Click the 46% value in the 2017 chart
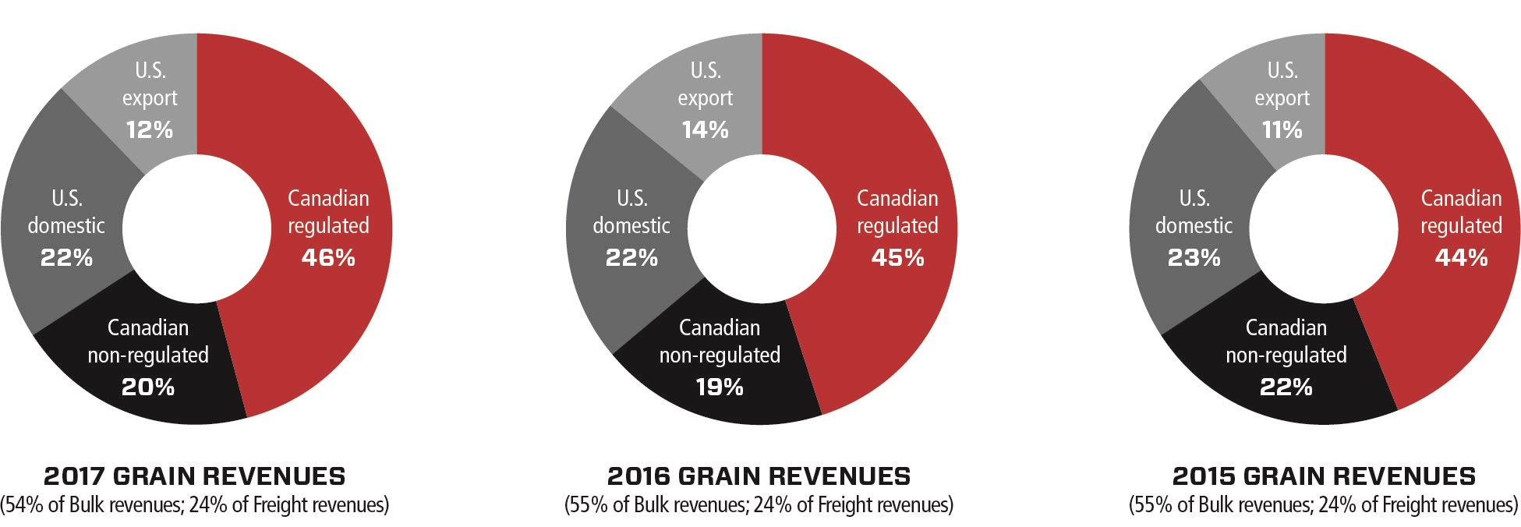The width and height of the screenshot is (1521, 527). pyautogui.click(x=328, y=257)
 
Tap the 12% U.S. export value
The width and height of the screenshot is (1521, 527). pyautogui.click(x=150, y=129)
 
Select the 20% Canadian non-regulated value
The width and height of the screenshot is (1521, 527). pyautogui.click(x=148, y=387)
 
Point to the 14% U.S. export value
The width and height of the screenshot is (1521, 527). pyautogui.click(x=705, y=129)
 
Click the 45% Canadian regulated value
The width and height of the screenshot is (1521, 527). pyautogui.click(x=897, y=257)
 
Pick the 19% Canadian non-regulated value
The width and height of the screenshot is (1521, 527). pyautogui.click(x=720, y=387)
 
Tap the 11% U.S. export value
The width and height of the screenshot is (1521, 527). pyautogui.click(x=1282, y=129)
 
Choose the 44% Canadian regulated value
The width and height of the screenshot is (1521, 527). pyautogui.click(x=1461, y=257)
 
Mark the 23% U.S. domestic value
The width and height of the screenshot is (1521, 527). pyautogui.click(x=1194, y=257)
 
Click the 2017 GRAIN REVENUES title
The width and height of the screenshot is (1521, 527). pyautogui.click(x=195, y=476)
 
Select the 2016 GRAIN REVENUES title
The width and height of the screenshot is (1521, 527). pyautogui.click(x=759, y=476)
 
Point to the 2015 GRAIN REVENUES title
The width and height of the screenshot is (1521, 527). pyautogui.click(x=1324, y=476)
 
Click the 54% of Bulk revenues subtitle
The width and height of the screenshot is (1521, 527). pyautogui.click(x=195, y=505)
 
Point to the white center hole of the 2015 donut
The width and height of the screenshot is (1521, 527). pyautogui.click(x=1324, y=229)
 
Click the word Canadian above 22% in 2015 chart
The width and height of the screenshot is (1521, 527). pyautogui.click(x=1286, y=327)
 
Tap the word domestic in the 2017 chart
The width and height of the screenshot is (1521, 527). pyautogui.click(x=66, y=226)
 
